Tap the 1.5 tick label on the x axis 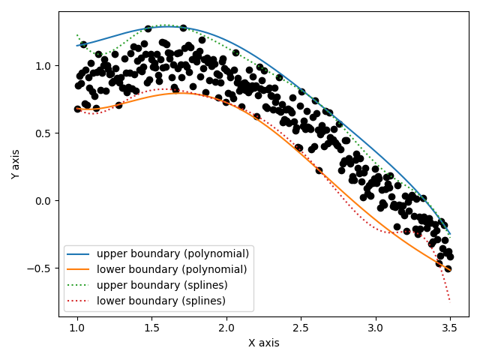pos(151,328)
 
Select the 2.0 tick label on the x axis pos(226,328)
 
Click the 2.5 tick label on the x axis pos(301,328)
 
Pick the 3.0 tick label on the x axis pos(375,328)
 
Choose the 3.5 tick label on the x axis pos(450,328)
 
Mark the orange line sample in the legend pos(79,269)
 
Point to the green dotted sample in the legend pos(79,285)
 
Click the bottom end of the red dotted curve pos(450,301)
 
